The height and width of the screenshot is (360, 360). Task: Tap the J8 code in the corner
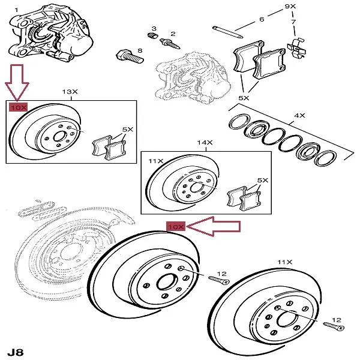coord(16,350)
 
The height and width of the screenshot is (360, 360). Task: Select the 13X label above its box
coord(70,92)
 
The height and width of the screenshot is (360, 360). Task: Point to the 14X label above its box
coord(205,143)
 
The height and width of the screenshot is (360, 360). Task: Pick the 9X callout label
coord(291,5)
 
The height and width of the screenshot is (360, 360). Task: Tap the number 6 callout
coord(262,20)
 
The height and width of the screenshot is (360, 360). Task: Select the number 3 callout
coord(154,28)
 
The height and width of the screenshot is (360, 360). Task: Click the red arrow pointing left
coord(213,227)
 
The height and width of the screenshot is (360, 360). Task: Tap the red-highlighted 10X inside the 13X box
coord(17,107)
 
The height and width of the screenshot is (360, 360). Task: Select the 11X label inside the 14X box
coord(156,161)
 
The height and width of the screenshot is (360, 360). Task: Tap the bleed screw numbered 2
coord(167,43)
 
